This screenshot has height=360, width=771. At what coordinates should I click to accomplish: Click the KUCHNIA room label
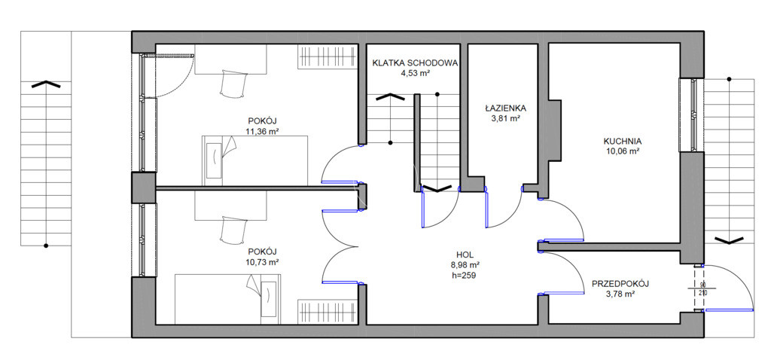pos(621,141)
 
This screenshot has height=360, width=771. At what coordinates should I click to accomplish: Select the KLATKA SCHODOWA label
pos(416,63)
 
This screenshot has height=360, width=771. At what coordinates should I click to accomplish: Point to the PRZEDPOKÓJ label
pos(620,284)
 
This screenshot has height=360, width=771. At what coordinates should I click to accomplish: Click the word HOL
pos(465,255)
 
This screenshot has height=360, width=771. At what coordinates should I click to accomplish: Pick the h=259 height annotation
pos(465,276)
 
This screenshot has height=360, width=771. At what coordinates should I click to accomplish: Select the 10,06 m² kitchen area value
pos(621,151)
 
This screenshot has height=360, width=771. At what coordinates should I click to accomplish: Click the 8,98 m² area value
pos(465,265)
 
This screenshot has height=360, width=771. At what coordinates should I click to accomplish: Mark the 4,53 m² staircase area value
pos(415,73)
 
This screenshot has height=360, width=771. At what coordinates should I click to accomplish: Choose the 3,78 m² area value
pos(620,294)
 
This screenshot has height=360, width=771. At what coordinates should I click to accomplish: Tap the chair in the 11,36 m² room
pos(233,84)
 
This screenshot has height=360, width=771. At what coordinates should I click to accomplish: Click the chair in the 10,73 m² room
pos(233,229)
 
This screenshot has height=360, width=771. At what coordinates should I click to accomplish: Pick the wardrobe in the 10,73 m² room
pos(328,313)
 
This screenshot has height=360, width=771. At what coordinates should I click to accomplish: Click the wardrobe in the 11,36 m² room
pos(328,56)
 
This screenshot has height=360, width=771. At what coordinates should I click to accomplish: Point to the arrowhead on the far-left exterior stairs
pos(46,84)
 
